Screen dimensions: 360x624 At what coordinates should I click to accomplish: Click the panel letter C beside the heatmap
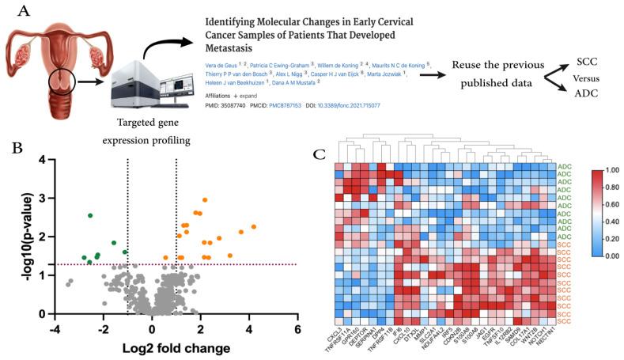[320, 151]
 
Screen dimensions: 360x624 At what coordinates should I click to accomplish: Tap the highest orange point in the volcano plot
[205, 200]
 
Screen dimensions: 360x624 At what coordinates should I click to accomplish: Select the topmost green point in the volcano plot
[90, 215]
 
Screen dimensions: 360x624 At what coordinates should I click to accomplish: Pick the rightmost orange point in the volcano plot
[254, 227]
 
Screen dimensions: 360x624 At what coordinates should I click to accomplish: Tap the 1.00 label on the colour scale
[610, 169]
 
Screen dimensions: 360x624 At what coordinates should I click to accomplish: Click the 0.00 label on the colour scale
[610, 256]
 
